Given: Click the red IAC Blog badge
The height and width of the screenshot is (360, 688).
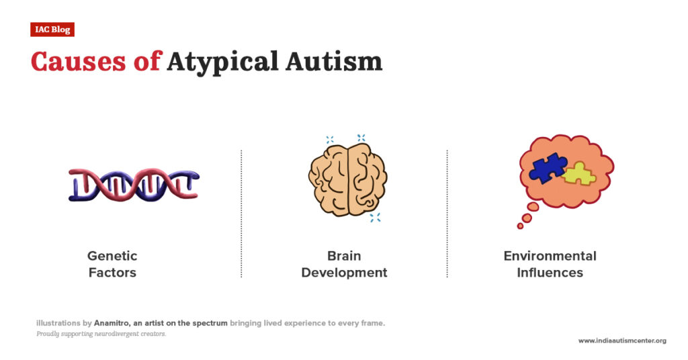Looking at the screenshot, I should coord(52,30).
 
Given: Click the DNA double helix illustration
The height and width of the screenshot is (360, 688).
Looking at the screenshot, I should coord(134,185).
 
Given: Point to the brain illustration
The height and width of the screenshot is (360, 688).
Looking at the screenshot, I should coord(347,178).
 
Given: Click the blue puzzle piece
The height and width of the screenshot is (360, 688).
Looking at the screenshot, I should coord(548,168).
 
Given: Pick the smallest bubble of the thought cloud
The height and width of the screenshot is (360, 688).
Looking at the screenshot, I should coord(519,226).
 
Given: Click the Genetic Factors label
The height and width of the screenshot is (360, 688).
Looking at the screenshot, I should coord(112,264).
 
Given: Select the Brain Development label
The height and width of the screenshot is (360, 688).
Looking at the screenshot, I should coord(344,264).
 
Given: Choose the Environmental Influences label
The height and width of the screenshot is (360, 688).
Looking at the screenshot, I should coord(550,264).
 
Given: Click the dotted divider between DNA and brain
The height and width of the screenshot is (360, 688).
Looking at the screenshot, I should coord(241,214).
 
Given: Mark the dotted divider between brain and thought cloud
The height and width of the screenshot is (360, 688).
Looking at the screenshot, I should coord(447,214).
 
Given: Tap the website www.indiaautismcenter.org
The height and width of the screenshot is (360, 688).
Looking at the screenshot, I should coord(622,341).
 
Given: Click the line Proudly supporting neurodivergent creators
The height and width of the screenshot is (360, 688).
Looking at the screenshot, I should coord(101,334).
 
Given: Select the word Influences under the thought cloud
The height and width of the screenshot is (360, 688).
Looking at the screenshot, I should coord(550,273).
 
